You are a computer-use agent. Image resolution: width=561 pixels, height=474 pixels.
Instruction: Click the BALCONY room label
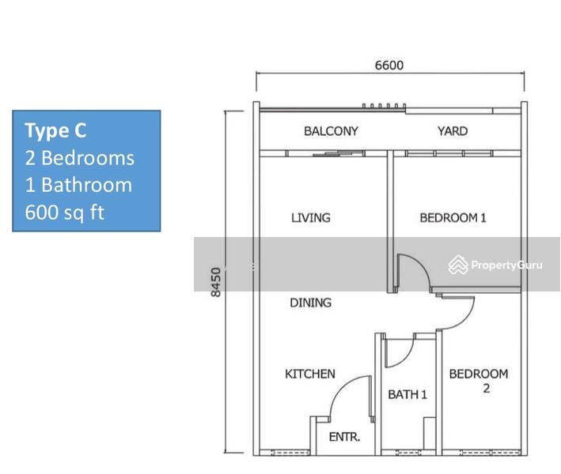click(331, 131)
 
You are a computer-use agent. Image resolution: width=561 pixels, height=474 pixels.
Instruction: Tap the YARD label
click(453, 131)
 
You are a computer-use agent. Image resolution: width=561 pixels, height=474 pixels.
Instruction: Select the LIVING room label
click(310, 217)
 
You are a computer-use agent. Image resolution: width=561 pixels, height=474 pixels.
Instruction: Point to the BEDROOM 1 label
click(453, 217)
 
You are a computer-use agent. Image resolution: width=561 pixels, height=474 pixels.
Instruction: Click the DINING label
click(310, 303)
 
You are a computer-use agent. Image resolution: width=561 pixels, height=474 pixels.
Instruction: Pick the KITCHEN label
click(310, 374)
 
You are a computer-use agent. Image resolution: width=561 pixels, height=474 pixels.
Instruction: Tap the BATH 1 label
click(407, 394)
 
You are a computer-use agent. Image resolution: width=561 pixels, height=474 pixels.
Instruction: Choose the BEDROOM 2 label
click(479, 381)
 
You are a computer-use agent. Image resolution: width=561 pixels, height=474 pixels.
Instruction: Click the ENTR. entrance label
click(344, 437)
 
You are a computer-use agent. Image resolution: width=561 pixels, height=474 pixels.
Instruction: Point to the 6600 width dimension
click(389, 65)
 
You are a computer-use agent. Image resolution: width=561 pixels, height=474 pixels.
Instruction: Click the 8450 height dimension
click(216, 282)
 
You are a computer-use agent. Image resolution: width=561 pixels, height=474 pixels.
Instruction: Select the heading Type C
click(55, 130)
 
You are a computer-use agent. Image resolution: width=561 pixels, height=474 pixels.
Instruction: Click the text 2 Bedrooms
click(79, 158)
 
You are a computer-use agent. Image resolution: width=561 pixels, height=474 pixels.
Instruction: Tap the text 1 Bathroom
click(78, 185)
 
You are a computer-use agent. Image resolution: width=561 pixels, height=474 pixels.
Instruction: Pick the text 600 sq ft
click(64, 213)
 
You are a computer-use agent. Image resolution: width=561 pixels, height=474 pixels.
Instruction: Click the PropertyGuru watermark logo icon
click(458, 265)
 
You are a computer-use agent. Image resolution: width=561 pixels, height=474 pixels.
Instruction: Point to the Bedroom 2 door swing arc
click(466, 320)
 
